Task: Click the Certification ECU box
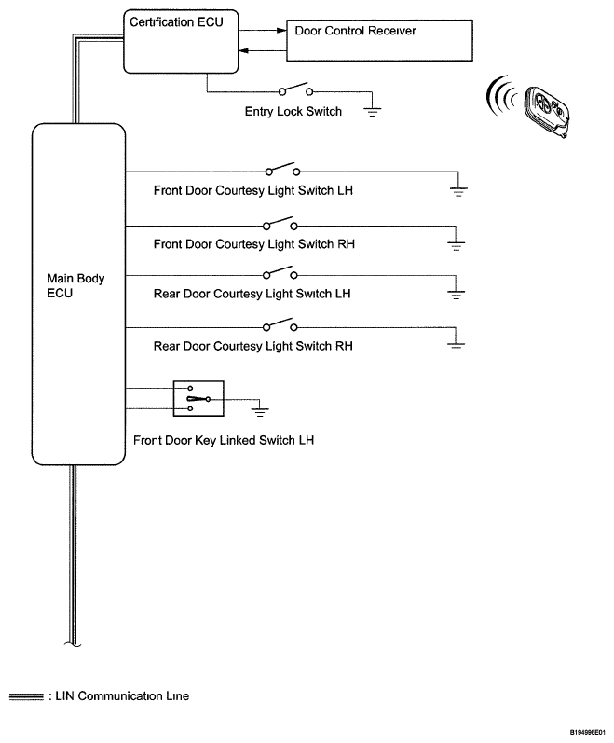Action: [176, 40]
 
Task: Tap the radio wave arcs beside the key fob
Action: [500, 97]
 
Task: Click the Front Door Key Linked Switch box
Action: [198, 399]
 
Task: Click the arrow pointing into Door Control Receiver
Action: [279, 30]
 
